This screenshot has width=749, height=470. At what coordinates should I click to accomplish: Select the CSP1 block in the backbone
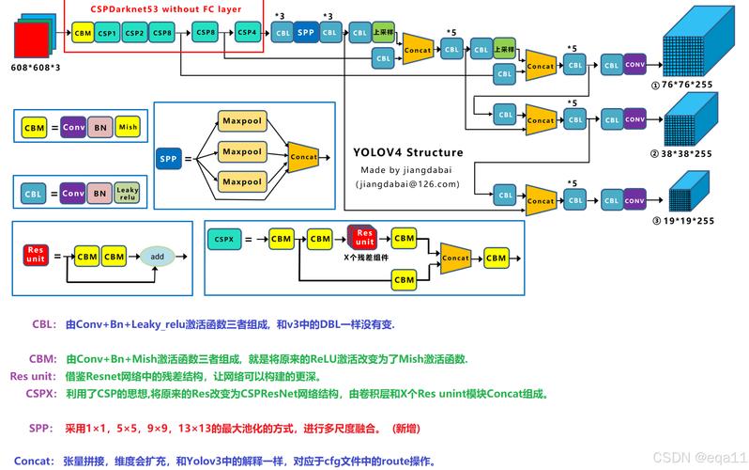(x=107, y=33)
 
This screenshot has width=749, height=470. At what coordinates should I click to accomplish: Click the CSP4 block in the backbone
(x=247, y=33)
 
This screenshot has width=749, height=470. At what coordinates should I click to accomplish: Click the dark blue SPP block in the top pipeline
(x=305, y=33)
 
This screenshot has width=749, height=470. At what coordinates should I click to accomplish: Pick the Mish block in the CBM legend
(x=128, y=127)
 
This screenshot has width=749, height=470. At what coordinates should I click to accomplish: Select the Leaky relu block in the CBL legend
(x=128, y=195)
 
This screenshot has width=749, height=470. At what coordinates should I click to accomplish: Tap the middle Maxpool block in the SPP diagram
(x=241, y=152)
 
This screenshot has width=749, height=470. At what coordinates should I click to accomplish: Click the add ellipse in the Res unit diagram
(x=158, y=256)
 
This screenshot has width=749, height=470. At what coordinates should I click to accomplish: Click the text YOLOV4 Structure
(x=407, y=152)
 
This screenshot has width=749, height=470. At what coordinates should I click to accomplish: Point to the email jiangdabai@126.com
(x=407, y=184)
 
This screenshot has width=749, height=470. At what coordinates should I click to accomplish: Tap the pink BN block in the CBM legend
(x=100, y=127)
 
